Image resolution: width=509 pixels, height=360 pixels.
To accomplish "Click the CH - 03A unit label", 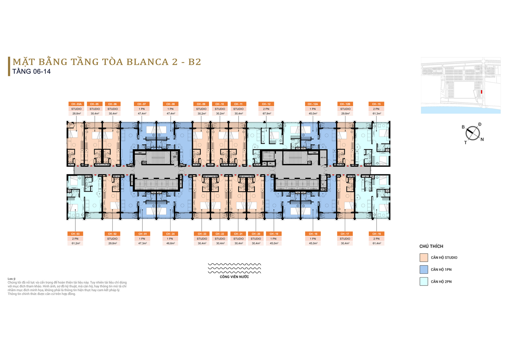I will pos(76,104).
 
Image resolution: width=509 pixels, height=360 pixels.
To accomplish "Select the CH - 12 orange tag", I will pos(266,104).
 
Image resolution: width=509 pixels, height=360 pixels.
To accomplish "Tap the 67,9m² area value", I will pos(267,114).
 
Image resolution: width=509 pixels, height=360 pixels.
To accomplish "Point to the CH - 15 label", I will pos(376,104).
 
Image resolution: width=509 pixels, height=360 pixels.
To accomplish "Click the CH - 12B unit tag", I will pos(345,104).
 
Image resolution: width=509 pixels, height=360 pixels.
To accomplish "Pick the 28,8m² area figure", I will pos(76,114).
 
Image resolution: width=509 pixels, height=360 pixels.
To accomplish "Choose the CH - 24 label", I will pos(171,234).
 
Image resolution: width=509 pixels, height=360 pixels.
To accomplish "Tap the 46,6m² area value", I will pos(171,244).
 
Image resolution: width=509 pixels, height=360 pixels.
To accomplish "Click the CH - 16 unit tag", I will pos(377,234).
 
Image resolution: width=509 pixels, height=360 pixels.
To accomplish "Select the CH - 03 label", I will pos(75,234).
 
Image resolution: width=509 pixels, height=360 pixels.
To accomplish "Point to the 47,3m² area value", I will pos(142,244).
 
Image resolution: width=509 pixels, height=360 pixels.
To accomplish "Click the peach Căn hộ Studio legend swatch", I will pos(423,258).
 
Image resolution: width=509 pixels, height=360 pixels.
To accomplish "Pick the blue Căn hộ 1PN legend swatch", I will pos(423,270).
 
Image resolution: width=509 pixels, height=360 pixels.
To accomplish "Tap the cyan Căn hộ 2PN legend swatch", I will pos(423,281).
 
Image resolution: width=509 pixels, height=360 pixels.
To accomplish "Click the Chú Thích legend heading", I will pos(431,246).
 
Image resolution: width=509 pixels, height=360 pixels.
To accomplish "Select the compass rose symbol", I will pos(473,133).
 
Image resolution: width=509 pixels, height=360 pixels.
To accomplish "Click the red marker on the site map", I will pos(481,92).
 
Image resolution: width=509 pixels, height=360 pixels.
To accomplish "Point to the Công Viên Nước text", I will pos(234,277).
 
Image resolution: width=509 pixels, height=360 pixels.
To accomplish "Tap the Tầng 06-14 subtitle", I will pos(31,72).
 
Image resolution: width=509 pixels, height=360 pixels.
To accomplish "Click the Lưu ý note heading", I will pos(11,279).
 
